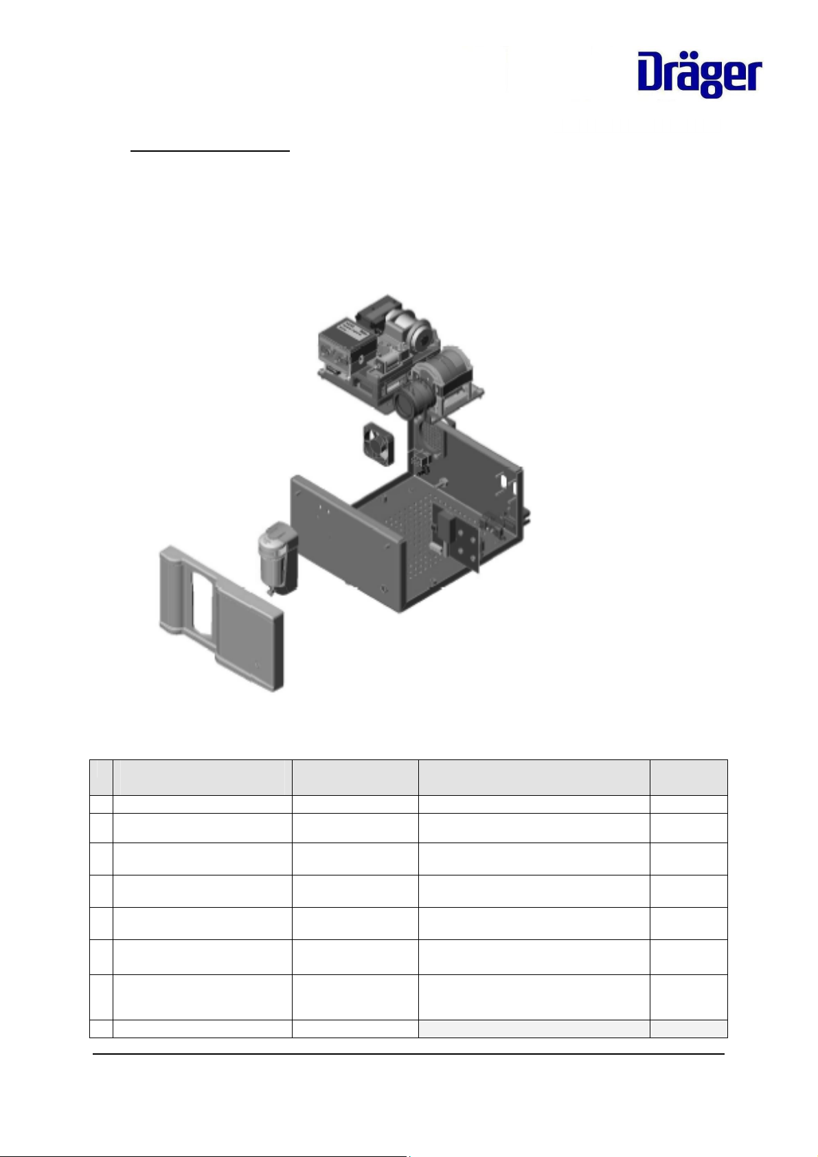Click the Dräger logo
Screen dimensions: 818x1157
700,74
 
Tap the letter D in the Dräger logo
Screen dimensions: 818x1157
652,71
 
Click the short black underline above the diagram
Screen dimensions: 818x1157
209,151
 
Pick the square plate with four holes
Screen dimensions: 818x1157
466,542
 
